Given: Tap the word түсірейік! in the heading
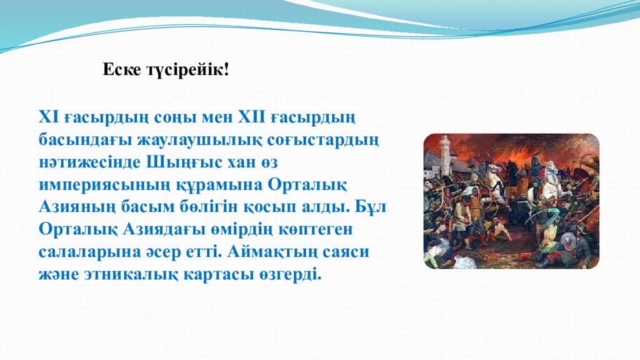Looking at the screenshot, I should (187, 70).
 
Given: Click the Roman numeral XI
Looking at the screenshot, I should (48, 117).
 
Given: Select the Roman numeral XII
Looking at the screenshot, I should (250, 117).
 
